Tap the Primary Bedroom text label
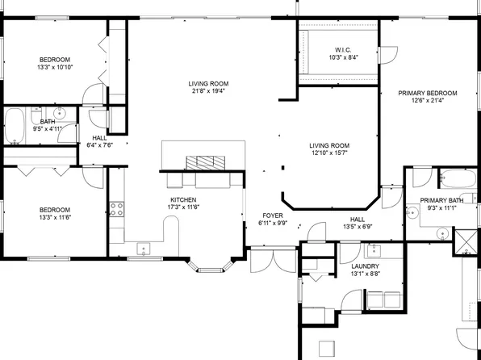(428, 93)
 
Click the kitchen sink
(146, 248)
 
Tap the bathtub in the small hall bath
(15, 128)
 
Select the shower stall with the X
(466, 242)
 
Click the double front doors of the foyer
(272, 259)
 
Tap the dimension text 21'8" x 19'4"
(209, 92)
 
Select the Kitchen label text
(182, 199)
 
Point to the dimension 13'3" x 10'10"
(56, 68)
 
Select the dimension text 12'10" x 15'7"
(328, 154)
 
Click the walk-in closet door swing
(389, 56)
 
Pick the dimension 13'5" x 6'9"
(357, 227)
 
